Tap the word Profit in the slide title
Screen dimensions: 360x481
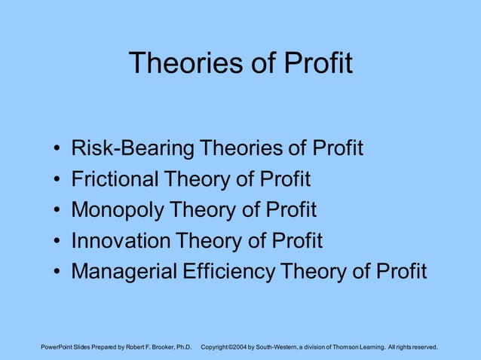(x=318, y=63)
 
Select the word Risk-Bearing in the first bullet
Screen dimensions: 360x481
(x=132, y=148)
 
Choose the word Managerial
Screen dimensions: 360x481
(x=124, y=271)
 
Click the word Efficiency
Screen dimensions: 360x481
(x=228, y=271)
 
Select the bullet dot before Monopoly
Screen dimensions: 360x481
(x=58, y=211)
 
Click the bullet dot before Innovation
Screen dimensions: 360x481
(x=58, y=242)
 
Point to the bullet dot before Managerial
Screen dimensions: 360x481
(x=58, y=272)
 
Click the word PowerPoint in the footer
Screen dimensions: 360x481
(x=60, y=347)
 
